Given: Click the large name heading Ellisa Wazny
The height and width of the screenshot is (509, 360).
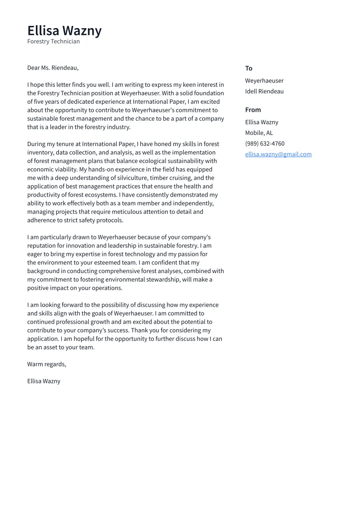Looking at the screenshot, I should pyautogui.click(x=64, y=31).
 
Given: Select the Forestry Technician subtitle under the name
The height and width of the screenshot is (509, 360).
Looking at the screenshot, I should pyautogui.click(x=53, y=41).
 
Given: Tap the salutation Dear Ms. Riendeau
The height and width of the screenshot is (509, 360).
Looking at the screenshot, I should pyautogui.click(x=53, y=68).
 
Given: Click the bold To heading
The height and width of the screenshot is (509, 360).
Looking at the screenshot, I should pyautogui.click(x=248, y=68).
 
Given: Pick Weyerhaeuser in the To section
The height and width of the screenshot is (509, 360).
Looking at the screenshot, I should pyautogui.click(x=264, y=81).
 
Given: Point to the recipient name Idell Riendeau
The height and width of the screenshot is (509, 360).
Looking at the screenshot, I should pyautogui.click(x=264, y=92).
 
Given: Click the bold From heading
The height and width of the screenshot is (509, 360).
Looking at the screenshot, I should pyautogui.click(x=253, y=110).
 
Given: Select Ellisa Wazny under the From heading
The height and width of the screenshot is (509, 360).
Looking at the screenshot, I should pyautogui.click(x=261, y=122).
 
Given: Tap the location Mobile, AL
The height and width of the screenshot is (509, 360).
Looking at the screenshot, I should pyautogui.click(x=259, y=133).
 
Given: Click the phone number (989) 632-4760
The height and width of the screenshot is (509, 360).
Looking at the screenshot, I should pyautogui.click(x=264, y=144).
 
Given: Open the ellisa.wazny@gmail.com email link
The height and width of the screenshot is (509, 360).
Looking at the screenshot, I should pyautogui.click(x=278, y=154).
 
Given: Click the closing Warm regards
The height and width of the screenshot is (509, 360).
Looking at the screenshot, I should pyautogui.click(x=47, y=364).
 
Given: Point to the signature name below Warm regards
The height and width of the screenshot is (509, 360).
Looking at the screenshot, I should pyautogui.click(x=44, y=381).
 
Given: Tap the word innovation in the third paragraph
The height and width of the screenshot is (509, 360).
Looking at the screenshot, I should pyautogui.click(x=80, y=246).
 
